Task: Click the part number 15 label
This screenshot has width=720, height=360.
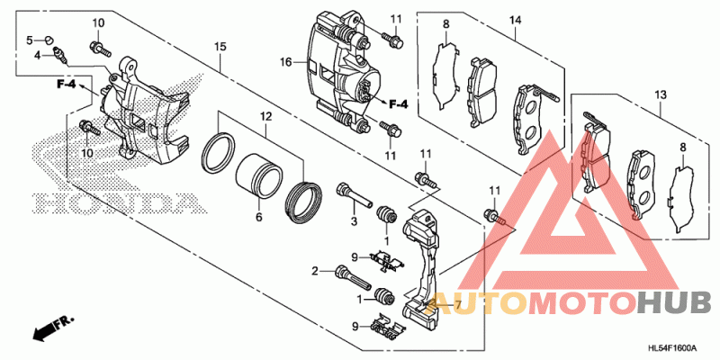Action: click(x=220, y=45)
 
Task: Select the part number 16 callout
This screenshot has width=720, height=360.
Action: click(x=286, y=63)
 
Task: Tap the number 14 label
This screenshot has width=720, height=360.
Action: click(x=516, y=21)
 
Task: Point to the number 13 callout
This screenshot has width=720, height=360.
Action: click(x=661, y=94)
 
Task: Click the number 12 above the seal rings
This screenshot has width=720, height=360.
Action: click(x=265, y=117)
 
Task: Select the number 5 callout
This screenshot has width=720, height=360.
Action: click(x=29, y=40)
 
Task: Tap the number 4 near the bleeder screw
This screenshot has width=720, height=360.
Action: click(x=38, y=56)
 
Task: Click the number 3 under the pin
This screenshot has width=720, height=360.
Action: click(x=355, y=220)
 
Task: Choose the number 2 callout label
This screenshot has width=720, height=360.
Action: click(x=316, y=271)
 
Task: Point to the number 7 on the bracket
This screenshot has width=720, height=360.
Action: click(x=457, y=306)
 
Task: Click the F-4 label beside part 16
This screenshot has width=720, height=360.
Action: click(x=397, y=104)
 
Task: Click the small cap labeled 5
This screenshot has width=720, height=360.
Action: click(x=50, y=39)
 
